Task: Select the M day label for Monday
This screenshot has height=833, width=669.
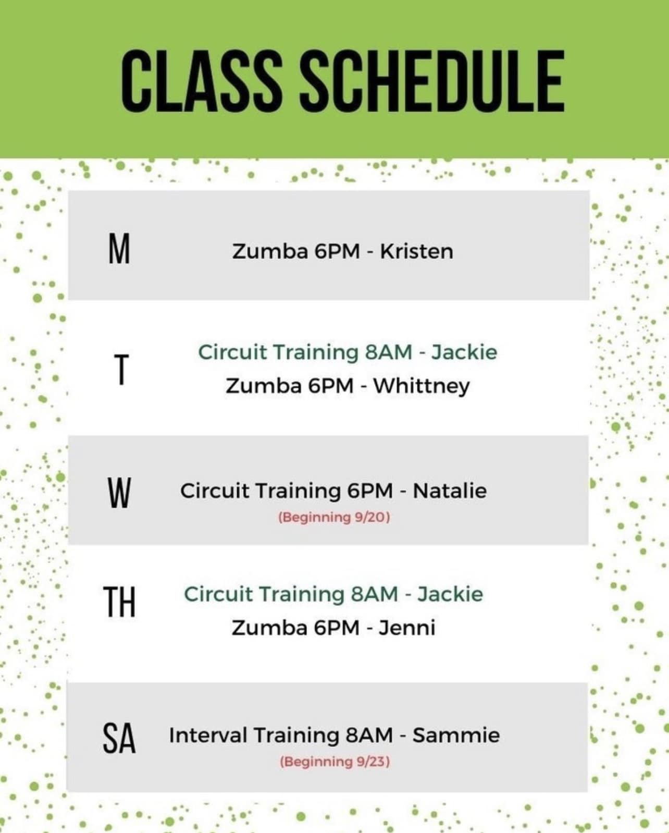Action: [119, 250]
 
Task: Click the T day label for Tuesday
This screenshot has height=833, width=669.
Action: [121, 370]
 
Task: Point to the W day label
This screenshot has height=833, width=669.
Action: [119, 493]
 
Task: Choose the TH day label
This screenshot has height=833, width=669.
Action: [119, 602]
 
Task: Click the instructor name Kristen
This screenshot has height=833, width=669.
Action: [416, 252]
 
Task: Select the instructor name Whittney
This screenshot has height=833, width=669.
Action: [422, 386]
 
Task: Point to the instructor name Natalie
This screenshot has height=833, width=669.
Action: [450, 491]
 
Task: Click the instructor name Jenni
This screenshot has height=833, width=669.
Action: [407, 628]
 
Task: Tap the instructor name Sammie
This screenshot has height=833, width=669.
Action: [456, 735]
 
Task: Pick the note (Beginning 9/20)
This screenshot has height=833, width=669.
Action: [334, 517]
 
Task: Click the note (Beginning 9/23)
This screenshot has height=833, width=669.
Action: [334, 762]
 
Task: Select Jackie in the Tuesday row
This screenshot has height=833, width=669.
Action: [464, 352]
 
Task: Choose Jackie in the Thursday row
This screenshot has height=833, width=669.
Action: [450, 594]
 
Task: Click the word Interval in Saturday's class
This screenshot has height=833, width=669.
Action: [208, 735]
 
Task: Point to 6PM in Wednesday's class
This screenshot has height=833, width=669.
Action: [370, 491]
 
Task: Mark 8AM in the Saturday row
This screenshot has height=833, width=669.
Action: [369, 735]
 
